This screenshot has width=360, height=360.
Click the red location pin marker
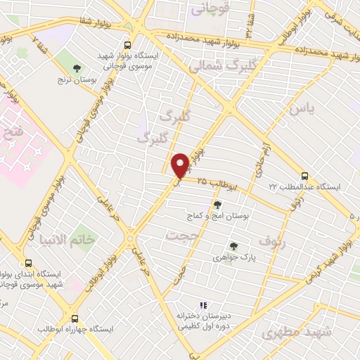[x=181, y=165]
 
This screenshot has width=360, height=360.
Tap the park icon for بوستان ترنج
[x=77, y=68]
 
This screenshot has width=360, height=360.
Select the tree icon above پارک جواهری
[x=233, y=246]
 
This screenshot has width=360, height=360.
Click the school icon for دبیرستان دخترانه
[x=202, y=305]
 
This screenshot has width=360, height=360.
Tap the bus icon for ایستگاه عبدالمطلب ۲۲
[x=304, y=176]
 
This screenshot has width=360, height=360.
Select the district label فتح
[x=15, y=130]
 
